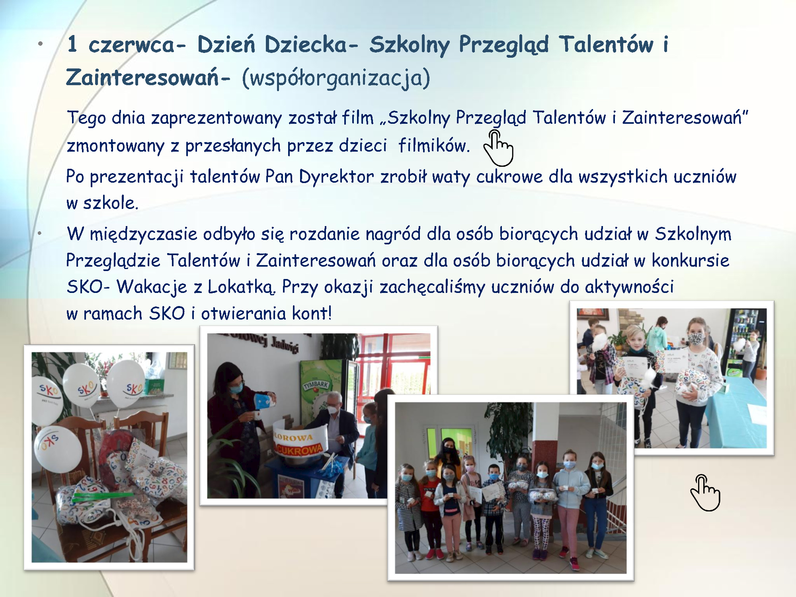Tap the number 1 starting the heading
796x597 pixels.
[72, 44]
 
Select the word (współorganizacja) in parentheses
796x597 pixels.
[336, 78]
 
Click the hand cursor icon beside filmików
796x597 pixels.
[498, 148]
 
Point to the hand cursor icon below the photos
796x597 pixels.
[705, 493]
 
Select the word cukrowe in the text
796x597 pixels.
[509, 177]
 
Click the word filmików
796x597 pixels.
[434, 146]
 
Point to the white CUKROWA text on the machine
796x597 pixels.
[299, 450]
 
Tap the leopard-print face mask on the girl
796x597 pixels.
[696, 339]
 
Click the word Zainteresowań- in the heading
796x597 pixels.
[148, 77]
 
